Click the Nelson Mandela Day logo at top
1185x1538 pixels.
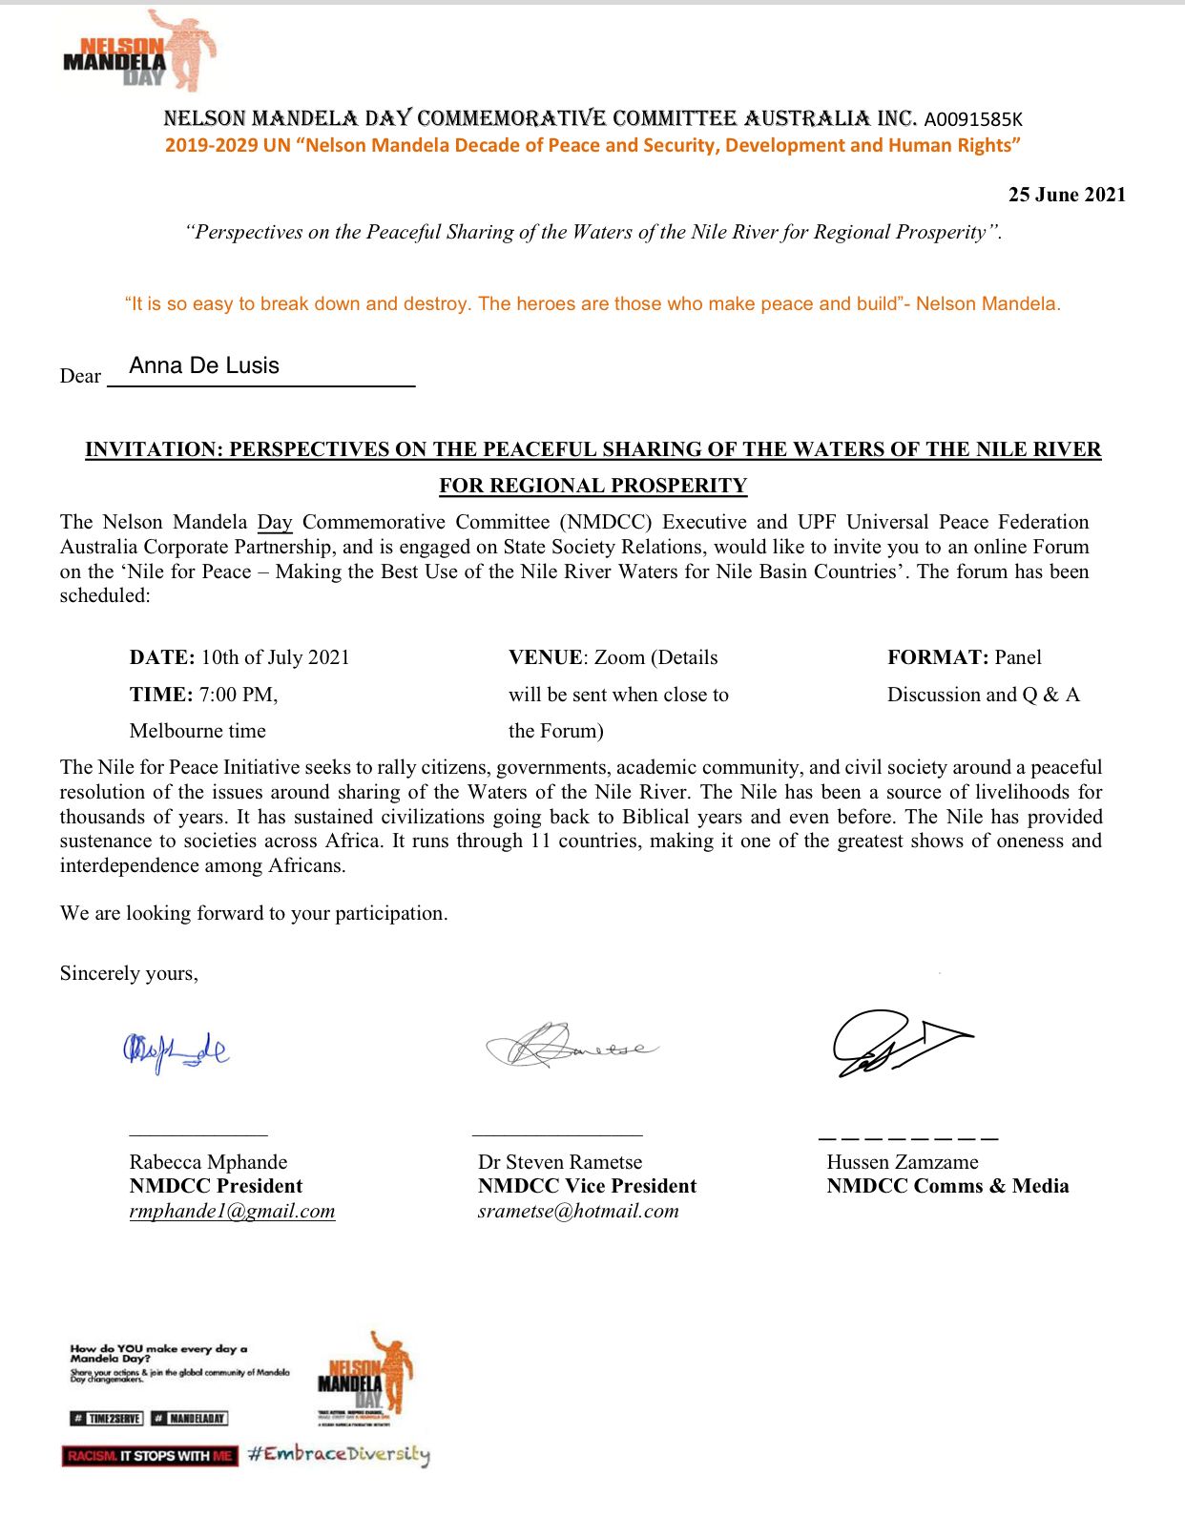point(138,52)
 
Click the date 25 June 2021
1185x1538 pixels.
point(1067,195)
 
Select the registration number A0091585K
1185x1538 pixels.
point(972,119)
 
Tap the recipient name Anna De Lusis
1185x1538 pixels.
point(204,365)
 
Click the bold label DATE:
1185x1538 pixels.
point(162,657)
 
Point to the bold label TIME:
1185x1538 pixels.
point(161,695)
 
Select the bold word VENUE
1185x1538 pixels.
point(545,657)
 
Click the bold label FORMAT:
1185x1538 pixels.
point(938,657)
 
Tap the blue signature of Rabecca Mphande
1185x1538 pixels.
point(176,1050)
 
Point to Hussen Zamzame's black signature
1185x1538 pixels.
point(897,1043)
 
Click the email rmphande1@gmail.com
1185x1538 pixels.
point(232,1211)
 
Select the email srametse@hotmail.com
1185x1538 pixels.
point(578,1211)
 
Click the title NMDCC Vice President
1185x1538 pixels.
point(587,1186)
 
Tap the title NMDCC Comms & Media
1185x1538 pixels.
point(947,1186)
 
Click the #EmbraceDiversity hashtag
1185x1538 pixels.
point(339,1454)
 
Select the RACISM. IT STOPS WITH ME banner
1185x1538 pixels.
point(150,1456)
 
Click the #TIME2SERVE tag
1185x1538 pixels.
point(107,1419)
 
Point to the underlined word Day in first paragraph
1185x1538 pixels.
point(275,522)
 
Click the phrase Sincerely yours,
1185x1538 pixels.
point(129,973)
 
